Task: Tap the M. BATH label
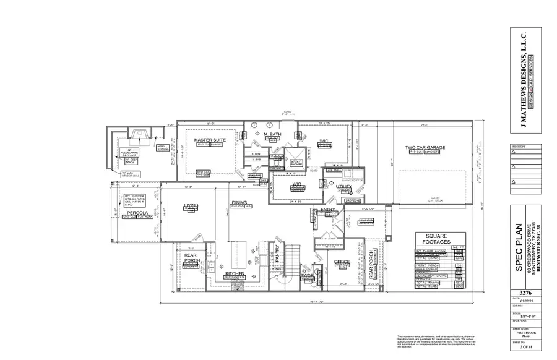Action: click(x=272, y=135)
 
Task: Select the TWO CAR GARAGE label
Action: click(x=425, y=148)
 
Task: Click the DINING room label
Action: click(x=239, y=203)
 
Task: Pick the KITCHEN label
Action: click(x=235, y=273)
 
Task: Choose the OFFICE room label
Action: click(x=342, y=262)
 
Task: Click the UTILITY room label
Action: click(x=343, y=186)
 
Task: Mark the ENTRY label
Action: click(x=327, y=210)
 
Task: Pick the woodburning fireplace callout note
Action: click(x=135, y=154)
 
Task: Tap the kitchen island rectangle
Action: click(x=236, y=252)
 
